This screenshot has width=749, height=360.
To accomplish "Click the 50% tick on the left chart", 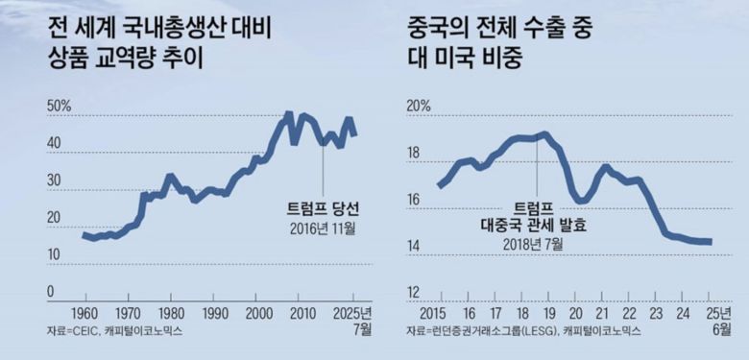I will tap(60, 106).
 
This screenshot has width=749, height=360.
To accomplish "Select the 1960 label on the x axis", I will tap(84, 313).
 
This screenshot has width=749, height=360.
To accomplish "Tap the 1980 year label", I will tap(171, 313).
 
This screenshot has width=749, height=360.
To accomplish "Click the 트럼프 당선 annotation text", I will tap(322, 208).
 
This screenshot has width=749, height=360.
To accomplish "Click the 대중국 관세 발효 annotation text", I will tap(533, 226).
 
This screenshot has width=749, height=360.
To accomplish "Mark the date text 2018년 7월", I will tap(533, 244).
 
